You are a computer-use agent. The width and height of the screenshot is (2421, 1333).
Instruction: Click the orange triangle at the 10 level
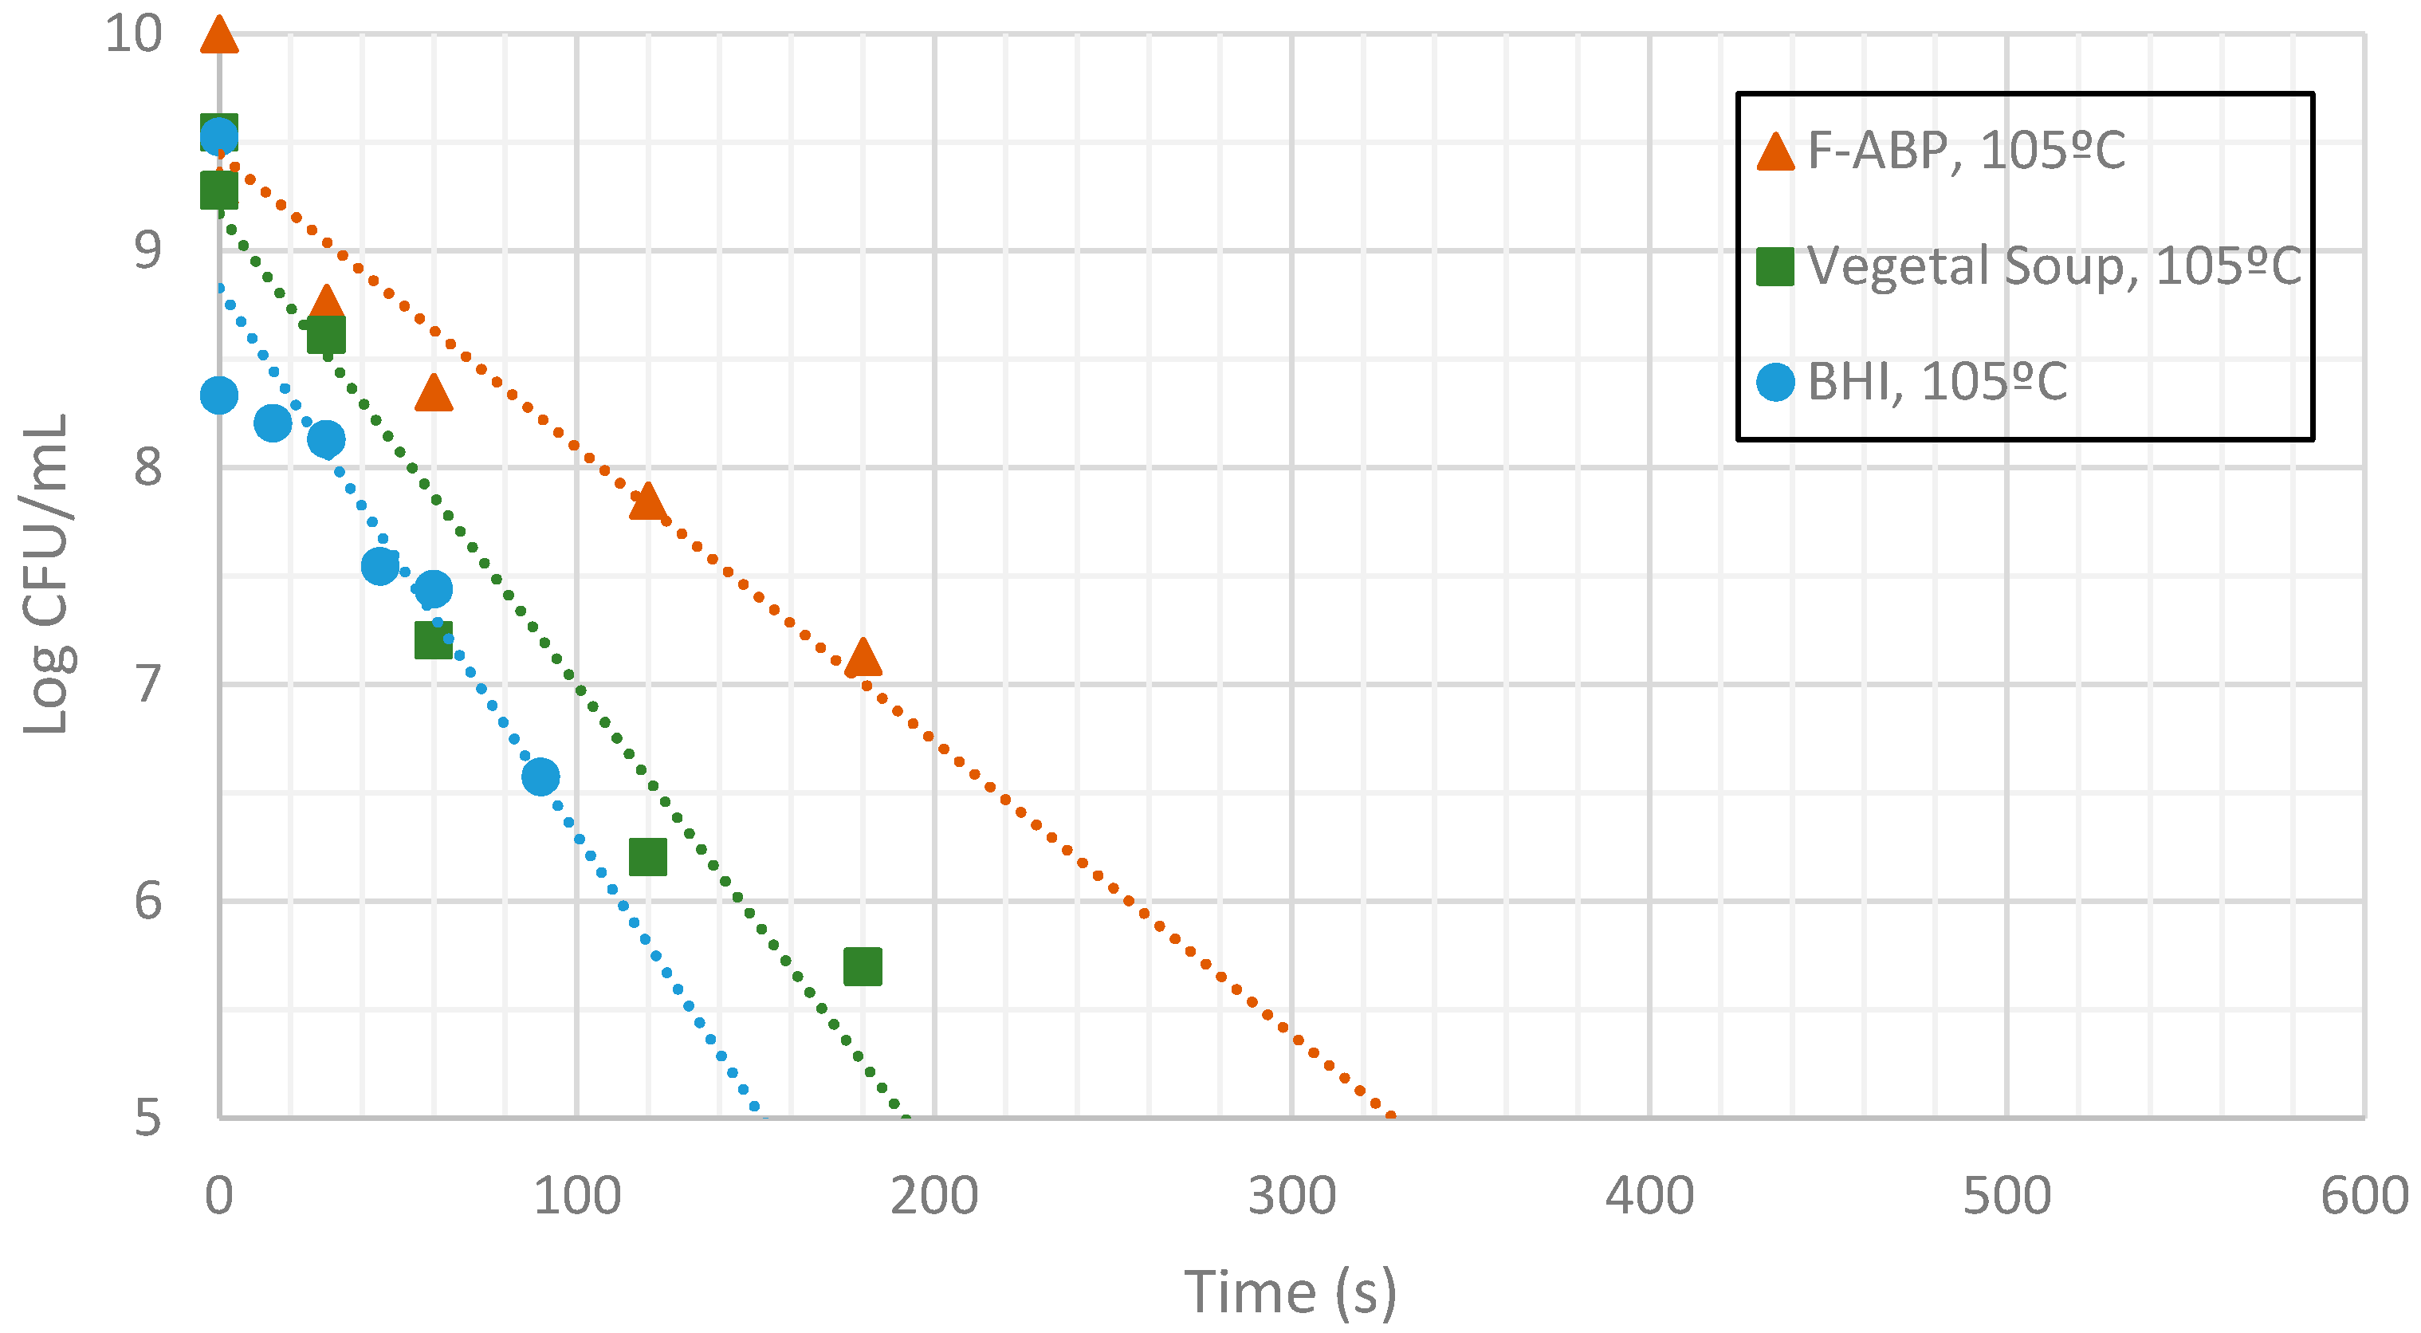[x=219, y=36]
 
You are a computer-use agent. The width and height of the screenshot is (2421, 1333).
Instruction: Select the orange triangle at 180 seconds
[x=863, y=658]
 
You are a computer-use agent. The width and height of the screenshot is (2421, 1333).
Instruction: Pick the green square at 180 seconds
[x=863, y=966]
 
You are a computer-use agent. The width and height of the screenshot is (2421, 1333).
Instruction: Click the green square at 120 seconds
[x=647, y=857]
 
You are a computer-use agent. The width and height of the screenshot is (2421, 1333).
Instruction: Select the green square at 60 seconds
[x=434, y=640]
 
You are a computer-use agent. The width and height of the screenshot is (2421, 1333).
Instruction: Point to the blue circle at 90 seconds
[x=540, y=777]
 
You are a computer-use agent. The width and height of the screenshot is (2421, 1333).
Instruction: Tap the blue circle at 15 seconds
[x=273, y=423]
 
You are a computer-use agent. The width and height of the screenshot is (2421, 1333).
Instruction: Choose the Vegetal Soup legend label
[x=2054, y=266]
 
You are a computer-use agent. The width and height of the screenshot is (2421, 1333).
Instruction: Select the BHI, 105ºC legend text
[x=1937, y=382]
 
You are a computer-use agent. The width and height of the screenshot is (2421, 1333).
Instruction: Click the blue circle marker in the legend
[x=1775, y=382]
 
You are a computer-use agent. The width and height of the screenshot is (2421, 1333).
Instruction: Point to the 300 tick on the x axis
[x=1291, y=1197]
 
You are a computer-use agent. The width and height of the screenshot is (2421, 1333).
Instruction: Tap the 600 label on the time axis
[x=2364, y=1197]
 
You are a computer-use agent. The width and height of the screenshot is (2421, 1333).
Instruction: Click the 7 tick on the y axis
[x=148, y=684]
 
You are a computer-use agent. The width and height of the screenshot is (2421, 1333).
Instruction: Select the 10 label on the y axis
[x=133, y=35]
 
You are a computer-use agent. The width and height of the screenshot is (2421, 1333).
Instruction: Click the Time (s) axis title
[x=1291, y=1292]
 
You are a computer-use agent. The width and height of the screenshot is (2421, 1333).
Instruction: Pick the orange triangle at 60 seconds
[x=434, y=393]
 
